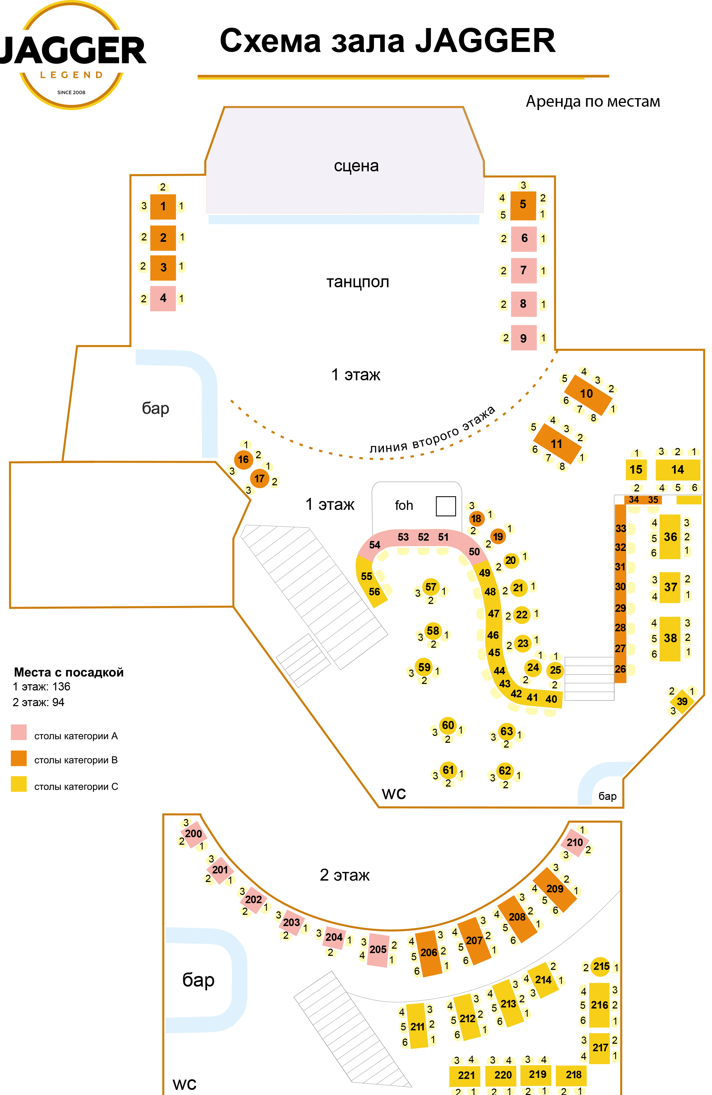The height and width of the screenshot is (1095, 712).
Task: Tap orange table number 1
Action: click(163, 206)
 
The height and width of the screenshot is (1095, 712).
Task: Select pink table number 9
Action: click(523, 338)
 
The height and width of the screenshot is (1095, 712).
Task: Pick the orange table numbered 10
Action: click(587, 394)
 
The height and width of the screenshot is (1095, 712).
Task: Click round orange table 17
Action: click(259, 478)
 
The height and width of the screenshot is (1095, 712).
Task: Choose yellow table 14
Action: click(677, 470)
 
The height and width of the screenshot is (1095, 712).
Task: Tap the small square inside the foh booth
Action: click(445, 506)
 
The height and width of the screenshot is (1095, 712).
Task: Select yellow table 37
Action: click(670, 587)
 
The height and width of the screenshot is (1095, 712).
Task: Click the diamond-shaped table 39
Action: click(682, 701)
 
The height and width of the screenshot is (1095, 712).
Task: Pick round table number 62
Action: click(505, 771)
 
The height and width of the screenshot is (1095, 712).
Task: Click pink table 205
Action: click(378, 949)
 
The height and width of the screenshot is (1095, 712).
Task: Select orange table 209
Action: click(555, 888)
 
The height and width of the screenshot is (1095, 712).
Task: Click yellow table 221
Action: click(466, 1075)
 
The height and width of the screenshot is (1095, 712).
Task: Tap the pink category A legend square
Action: click(19, 732)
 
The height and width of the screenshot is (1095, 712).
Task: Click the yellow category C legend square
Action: click(19, 784)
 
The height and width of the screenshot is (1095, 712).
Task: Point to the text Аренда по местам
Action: click(592, 101)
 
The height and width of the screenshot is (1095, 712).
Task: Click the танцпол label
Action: click(358, 281)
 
